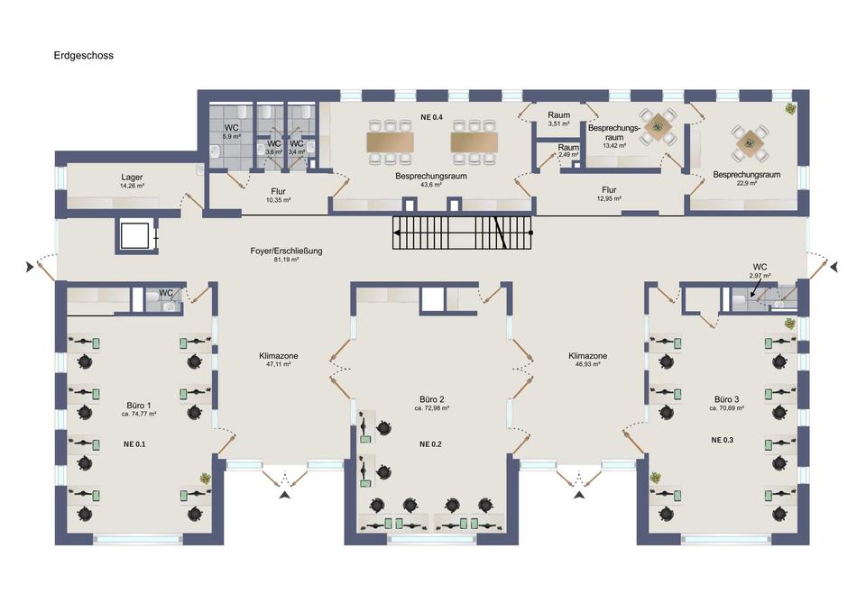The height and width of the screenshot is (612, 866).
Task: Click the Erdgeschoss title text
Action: (83, 55)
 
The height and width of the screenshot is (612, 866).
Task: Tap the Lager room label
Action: (132, 178)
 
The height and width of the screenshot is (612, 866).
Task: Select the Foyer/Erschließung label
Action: (286, 251)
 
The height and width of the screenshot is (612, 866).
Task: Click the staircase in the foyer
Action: (462, 233)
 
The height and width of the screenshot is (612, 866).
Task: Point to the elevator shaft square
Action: (135, 235)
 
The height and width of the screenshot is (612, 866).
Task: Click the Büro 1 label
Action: (139, 405)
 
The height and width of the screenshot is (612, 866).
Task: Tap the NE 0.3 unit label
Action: (722, 440)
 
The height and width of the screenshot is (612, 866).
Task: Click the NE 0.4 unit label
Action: (431, 117)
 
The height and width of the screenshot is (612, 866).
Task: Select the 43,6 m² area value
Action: (431, 184)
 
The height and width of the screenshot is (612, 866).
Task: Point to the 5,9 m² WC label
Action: (232, 132)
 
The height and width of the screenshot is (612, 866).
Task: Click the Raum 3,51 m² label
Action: (559, 119)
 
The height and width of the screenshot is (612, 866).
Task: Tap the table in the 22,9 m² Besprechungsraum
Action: (750, 143)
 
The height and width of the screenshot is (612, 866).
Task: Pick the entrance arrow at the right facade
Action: (834, 267)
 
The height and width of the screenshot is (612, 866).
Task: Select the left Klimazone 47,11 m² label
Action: (279, 360)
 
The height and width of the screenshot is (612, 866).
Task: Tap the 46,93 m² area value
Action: (587, 364)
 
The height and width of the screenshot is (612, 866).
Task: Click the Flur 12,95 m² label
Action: (609, 193)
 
